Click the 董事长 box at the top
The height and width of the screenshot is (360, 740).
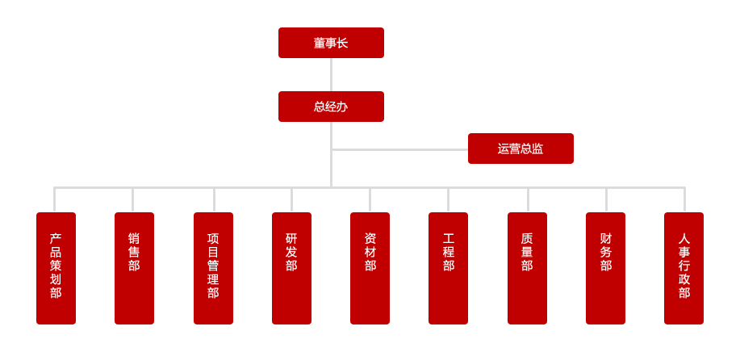click(x=331, y=43)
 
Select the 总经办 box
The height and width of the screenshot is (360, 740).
click(x=331, y=107)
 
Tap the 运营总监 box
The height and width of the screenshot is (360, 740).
click(x=521, y=149)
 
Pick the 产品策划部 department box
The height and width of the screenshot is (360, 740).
click(x=56, y=268)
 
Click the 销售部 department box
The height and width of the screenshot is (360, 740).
click(x=134, y=268)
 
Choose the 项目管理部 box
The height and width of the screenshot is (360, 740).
click(x=213, y=268)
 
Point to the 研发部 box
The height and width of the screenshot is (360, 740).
click(x=291, y=268)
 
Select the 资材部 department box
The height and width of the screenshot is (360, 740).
click(x=370, y=268)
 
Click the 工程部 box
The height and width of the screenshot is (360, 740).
click(x=448, y=268)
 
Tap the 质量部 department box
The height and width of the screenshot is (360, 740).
click(x=527, y=268)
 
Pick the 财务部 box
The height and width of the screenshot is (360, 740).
click(x=605, y=268)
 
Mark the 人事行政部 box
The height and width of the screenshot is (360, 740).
click(x=684, y=268)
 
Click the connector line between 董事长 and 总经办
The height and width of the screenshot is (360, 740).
click(x=331, y=74)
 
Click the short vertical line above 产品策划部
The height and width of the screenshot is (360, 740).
click(x=55, y=199)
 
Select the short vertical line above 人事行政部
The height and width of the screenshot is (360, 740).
click(x=684, y=199)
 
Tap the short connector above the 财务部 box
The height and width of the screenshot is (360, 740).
click(x=606, y=199)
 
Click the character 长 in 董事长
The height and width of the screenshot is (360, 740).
click(x=342, y=43)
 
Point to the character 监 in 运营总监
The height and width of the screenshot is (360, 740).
click(x=537, y=149)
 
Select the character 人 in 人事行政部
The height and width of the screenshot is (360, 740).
click(x=684, y=239)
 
